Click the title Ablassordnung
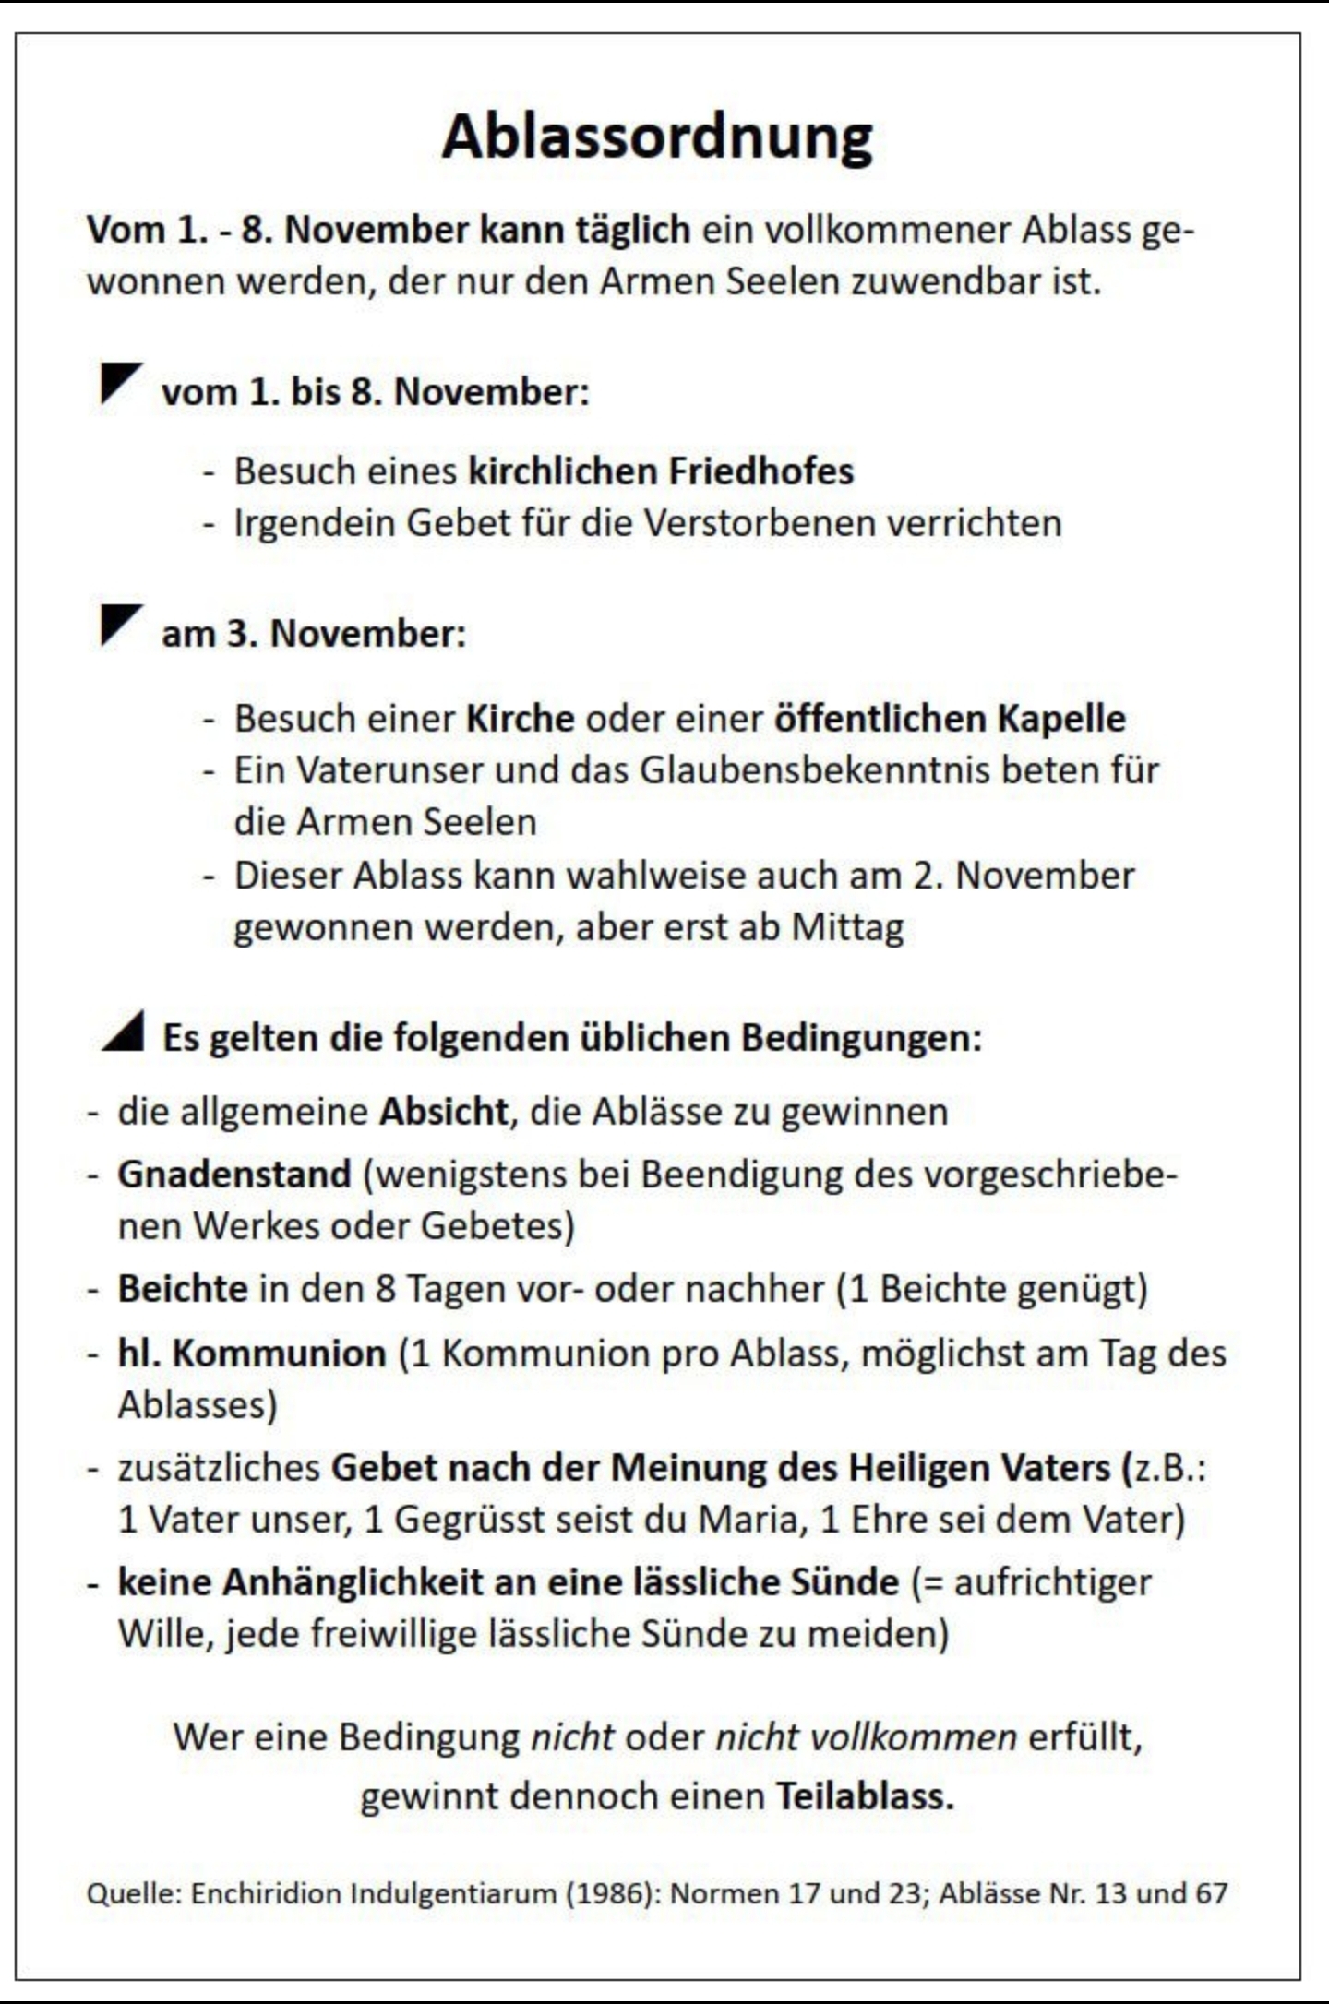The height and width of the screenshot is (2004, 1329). click(657, 137)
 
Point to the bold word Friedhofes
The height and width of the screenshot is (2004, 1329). click(760, 471)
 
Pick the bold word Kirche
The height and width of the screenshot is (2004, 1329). click(521, 719)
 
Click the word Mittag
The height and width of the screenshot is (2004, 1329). click(847, 927)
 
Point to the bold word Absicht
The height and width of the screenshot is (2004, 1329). click(443, 1112)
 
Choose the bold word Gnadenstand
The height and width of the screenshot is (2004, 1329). click(234, 1175)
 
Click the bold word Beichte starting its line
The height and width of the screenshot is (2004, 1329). click(183, 1289)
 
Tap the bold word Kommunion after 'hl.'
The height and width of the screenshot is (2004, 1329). click(279, 1354)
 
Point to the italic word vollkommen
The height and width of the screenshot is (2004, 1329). click(912, 1737)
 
